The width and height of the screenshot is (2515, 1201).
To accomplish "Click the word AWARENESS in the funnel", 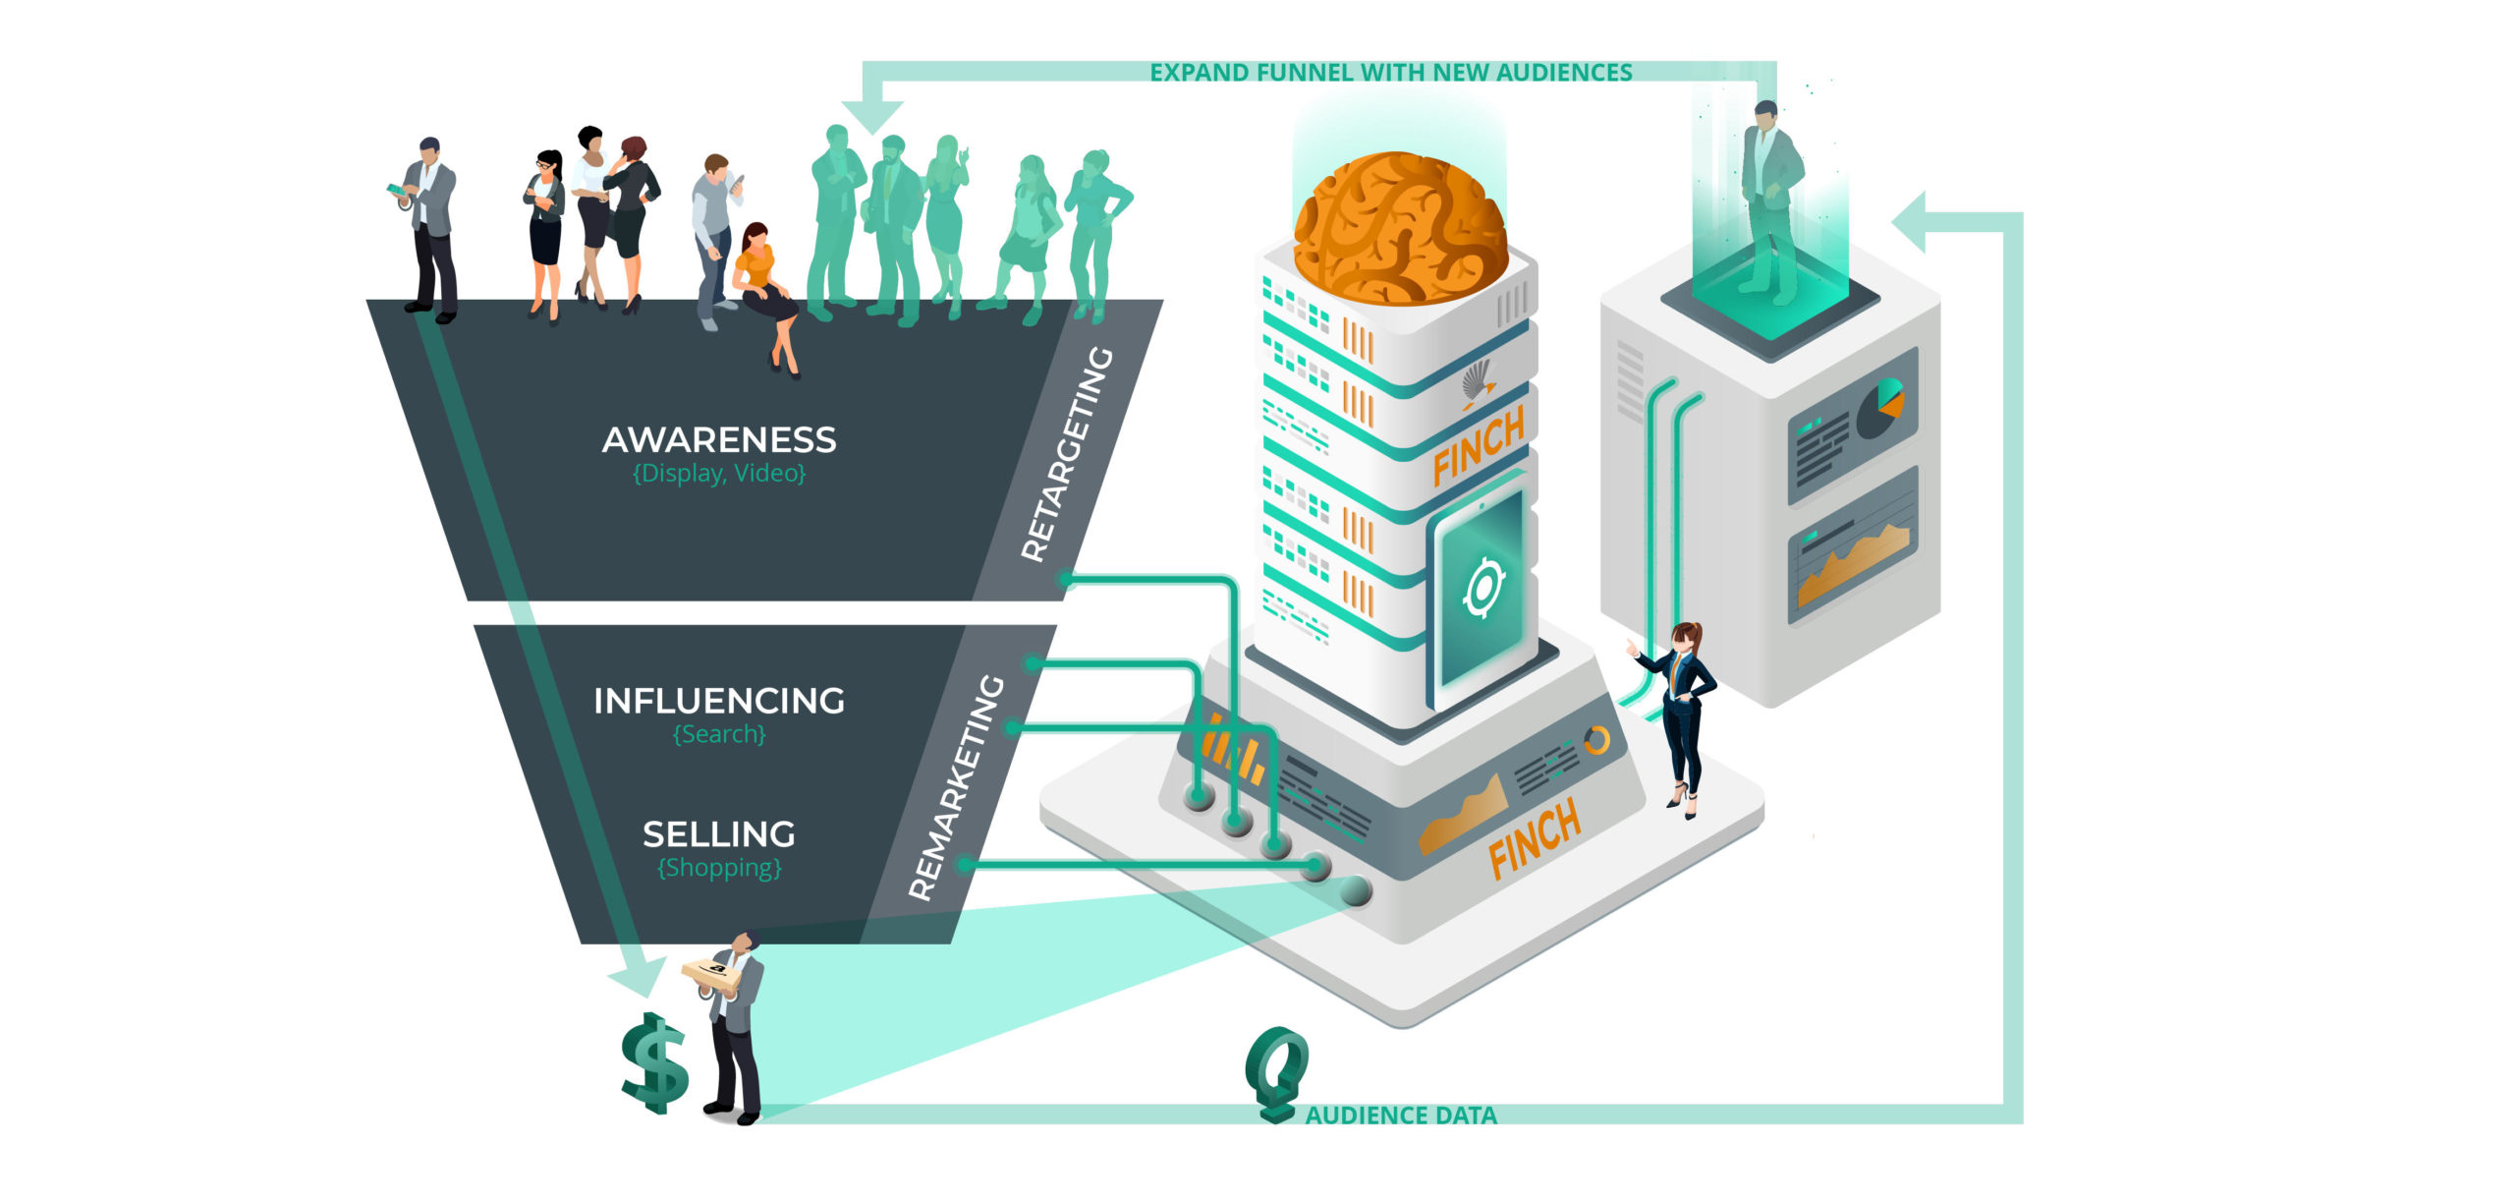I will [719, 439].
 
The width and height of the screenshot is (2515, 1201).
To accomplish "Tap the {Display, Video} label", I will [719, 474].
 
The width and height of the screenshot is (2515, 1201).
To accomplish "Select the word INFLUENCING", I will [719, 701].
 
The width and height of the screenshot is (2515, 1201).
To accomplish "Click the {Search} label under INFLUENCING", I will [719, 734].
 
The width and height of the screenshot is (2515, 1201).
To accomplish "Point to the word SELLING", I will [719, 834].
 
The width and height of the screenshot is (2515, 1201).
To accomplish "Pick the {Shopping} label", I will [719, 868].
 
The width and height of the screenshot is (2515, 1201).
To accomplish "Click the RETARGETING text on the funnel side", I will [1067, 454].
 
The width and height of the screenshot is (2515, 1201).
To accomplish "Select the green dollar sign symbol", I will [654, 1063].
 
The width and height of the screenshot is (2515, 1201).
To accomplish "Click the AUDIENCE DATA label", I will [1401, 1115].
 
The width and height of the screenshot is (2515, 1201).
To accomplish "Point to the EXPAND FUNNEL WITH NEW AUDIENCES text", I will [1391, 73].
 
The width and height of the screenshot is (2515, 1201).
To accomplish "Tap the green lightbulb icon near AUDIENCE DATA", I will [1276, 1072].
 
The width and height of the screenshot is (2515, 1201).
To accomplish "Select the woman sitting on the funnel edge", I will [766, 295].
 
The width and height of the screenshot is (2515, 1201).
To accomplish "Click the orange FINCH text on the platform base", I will [1535, 837].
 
